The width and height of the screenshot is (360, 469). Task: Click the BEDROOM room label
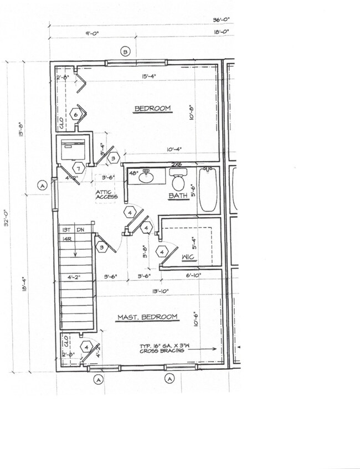[152, 109]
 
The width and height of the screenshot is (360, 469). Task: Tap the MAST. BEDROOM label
[147, 317]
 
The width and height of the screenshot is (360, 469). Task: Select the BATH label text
[178, 195]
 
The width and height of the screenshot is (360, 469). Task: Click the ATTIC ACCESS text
[106, 193]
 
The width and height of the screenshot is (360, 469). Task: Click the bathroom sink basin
[146, 178]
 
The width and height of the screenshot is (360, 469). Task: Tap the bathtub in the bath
[208, 190]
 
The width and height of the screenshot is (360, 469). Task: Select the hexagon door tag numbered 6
[77, 115]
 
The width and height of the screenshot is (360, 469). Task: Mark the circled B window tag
[125, 52]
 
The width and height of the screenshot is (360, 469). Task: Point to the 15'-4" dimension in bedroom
[148, 76]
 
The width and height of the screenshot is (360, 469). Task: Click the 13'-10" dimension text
[160, 290]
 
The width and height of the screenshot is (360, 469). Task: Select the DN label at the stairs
[80, 229]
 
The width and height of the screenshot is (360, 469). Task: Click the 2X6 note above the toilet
[177, 164]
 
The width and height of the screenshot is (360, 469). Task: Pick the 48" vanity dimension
[133, 173]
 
